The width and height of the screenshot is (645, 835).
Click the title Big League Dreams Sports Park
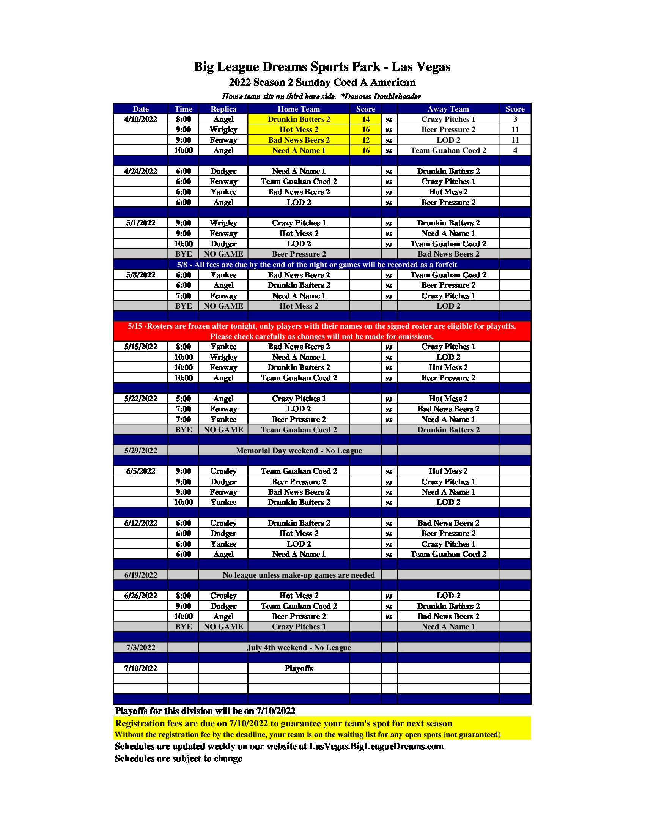(322, 67)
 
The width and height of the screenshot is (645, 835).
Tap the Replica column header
(223, 109)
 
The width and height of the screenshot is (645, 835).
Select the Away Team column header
(448, 109)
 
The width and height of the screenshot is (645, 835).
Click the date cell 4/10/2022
(141, 119)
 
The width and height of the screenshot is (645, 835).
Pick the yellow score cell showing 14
(365, 119)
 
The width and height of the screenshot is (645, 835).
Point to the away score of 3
(515, 119)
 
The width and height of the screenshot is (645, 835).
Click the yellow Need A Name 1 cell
(299, 150)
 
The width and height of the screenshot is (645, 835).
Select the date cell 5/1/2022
(141, 223)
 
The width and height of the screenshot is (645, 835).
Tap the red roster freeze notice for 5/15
(322, 331)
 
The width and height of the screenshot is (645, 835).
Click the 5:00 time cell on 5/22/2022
(183, 399)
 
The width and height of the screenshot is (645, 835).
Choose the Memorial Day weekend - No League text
(299, 451)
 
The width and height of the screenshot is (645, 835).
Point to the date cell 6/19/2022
(141, 575)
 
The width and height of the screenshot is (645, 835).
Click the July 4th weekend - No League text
(299, 648)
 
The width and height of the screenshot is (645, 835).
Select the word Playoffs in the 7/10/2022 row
(299, 668)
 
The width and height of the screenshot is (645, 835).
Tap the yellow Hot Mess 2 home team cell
(299, 129)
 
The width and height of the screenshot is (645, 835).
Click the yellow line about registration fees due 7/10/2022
(283, 723)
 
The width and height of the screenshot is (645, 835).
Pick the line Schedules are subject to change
(178, 759)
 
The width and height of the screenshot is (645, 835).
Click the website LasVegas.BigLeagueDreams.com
(376, 746)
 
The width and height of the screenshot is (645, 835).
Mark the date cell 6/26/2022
(141, 596)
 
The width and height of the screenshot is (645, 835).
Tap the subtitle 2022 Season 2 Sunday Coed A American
(322, 83)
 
